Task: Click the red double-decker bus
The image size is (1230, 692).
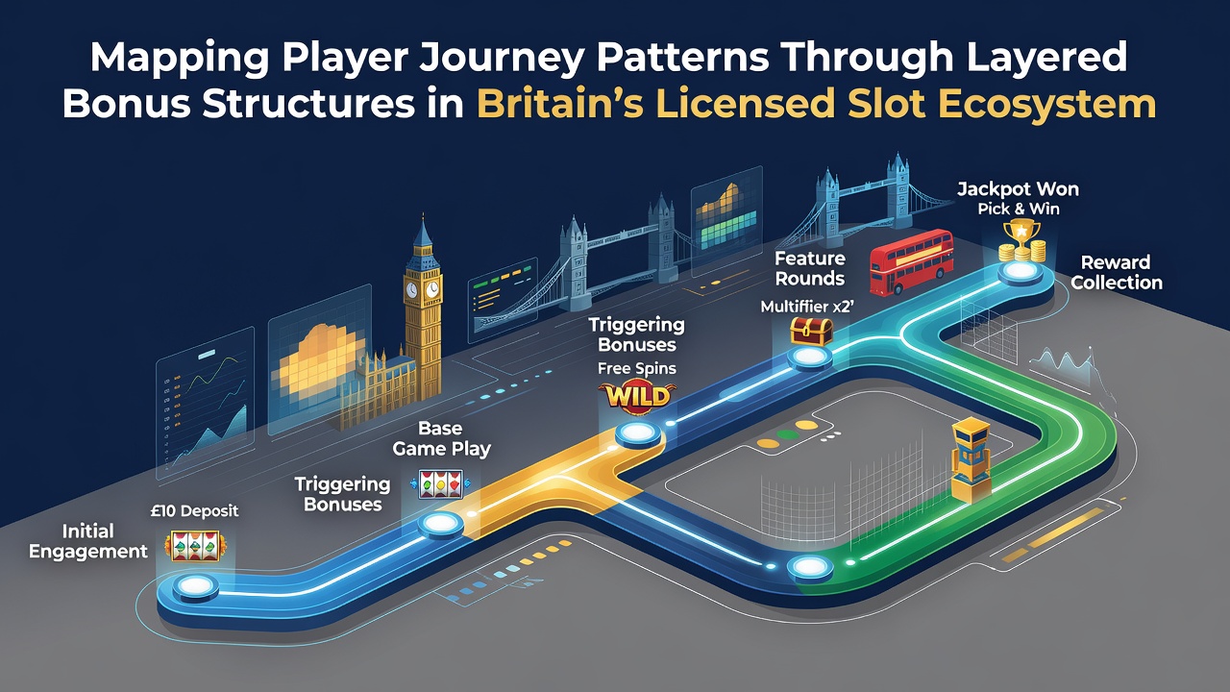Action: pyautogui.click(x=912, y=262)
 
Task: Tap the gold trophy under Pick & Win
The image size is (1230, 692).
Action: pyautogui.click(x=1021, y=240)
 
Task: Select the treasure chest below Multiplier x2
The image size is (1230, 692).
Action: pyautogui.click(x=811, y=332)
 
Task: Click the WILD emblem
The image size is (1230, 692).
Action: pyautogui.click(x=637, y=395)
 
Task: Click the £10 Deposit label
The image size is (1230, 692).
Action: pyautogui.click(x=194, y=510)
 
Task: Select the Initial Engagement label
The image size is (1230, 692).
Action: pyautogui.click(x=87, y=541)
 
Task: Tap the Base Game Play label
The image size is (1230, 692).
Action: pyautogui.click(x=441, y=438)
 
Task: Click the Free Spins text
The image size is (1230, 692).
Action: pyautogui.click(x=637, y=368)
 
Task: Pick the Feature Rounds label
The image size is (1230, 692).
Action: pyautogui.click(x=809, y=268)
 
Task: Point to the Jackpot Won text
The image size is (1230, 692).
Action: pyautogui.click(x=1018, y=189)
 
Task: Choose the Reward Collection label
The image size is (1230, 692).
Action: pyautogui.click(x=1117, y=272)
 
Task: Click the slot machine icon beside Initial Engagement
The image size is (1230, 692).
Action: pyautogui.click(x=194, y=546)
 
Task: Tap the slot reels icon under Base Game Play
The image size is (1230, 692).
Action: pyautogui.click(x=440, y=483)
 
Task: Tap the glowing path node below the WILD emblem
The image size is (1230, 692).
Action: pyautogui.click(x=637, y=433)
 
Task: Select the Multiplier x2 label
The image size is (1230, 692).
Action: pyautogui.click(x=807, y=307)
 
